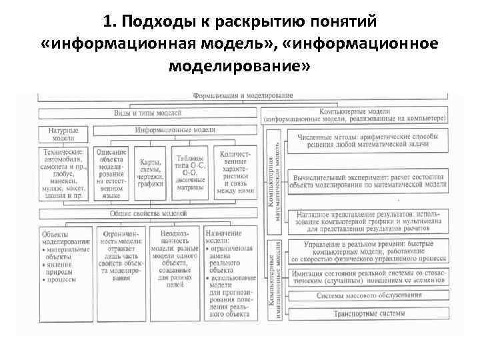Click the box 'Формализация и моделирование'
click(243, 95)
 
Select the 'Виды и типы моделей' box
click(148, 113)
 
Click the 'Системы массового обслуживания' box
click(363, 296)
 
